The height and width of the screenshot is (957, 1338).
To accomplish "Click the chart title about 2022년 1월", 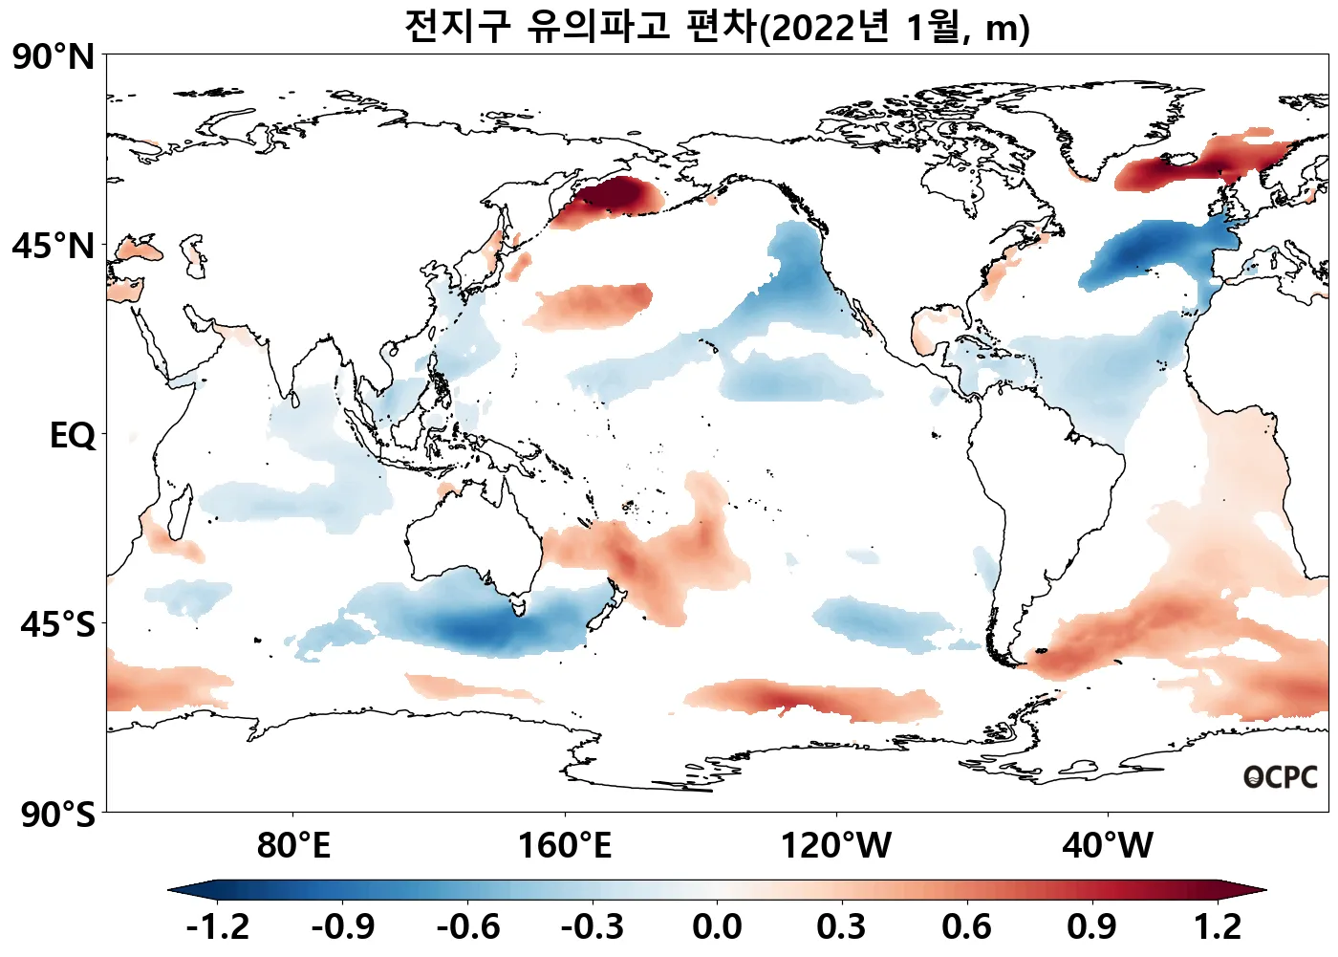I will (x=717, y=27).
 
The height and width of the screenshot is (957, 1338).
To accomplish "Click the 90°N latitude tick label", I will (x=54, y=57).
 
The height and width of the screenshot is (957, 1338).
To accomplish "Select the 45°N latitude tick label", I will (x=54, y=247).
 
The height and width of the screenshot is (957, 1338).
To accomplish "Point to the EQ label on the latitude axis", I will (x=73, y=436).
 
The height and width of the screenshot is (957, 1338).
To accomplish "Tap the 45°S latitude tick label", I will (x=57, y=624).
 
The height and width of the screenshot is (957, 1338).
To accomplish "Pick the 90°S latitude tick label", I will (x=57, y=815).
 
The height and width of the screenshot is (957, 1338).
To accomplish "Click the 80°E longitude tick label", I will (x=293, y=846).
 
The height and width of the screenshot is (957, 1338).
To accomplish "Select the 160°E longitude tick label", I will (x=564, y=846).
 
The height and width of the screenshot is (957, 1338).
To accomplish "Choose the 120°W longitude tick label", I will (x=836, y=846).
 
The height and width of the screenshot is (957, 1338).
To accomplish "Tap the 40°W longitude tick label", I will (x=1108, y=846).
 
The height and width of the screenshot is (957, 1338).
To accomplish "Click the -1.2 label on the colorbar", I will (x=218, y=926).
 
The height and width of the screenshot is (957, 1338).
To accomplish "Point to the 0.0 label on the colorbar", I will (x=717, y=926).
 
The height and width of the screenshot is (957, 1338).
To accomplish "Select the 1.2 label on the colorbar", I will (x=1218, y=926).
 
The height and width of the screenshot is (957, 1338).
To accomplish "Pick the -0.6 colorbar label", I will (x=467, y=926).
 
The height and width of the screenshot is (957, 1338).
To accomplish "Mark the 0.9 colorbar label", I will (x=1092, y=926).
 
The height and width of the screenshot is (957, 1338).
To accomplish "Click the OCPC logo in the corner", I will (x=1280, y=777).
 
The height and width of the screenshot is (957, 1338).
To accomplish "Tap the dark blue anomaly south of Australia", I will (x=473, y=626).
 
